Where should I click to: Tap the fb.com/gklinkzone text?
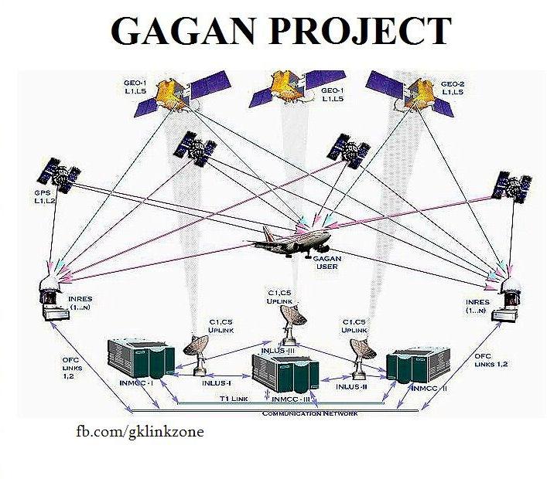[138, 431]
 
